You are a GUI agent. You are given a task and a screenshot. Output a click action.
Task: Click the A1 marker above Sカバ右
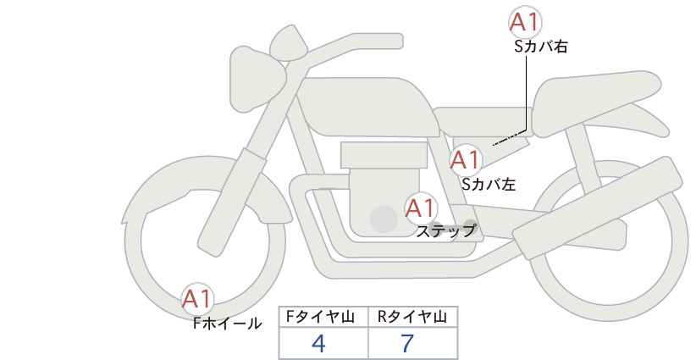click(x=525, y=21)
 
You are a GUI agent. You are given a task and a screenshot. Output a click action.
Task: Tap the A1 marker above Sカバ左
click(x=465, y=160)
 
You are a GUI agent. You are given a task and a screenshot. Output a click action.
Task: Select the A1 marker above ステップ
click(x=421, y=208)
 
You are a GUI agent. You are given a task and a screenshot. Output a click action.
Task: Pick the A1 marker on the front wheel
click(x=197, y=299)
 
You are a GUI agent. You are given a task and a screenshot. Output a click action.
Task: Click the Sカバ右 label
click(x=541, y=47)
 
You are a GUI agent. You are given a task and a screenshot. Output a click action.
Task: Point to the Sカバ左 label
click(x=489, y=184)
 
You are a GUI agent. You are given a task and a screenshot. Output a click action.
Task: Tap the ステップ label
click(x=446, y=231)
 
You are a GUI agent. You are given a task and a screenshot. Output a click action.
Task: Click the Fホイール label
click(x=227, y=324)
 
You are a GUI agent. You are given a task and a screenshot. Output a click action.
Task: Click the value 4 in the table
click(x=318, y=343)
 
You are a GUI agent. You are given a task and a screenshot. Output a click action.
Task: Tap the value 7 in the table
click(x=407, y=343)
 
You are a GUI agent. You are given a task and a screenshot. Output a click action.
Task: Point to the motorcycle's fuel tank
click(x=367, y=107)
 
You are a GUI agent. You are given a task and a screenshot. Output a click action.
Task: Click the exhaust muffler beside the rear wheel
click(x=597, y=208)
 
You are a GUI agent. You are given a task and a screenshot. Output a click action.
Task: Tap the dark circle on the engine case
click(x=384, y=219)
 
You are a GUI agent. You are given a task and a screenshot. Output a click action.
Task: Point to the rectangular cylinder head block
click(x=384, y=155)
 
